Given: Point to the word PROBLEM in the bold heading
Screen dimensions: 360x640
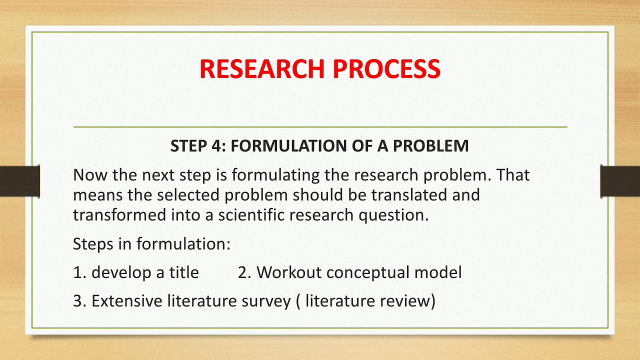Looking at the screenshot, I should pyautogui.click(x=430, y=146).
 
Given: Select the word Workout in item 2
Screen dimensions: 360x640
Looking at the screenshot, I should pyautogui.click(x=289, y=272).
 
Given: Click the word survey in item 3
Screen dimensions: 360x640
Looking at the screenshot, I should pyautogui.click(x=267, y=301).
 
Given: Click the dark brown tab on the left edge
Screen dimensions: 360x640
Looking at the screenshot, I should pyautogui.click(x=20, y=180).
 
